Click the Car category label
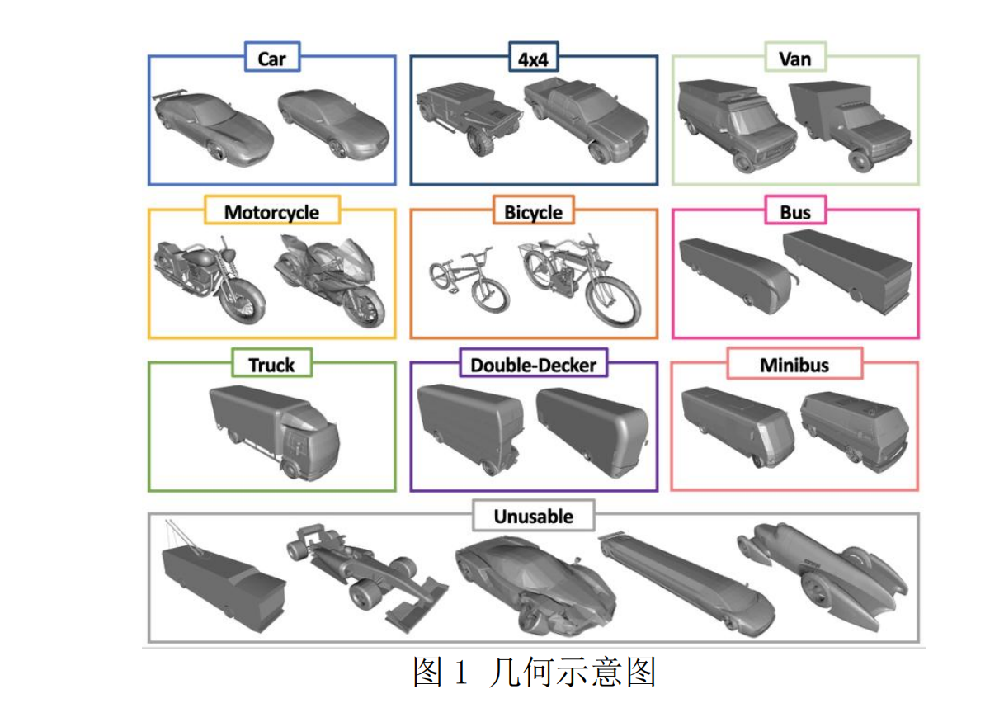point(271,59)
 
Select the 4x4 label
point(533,59)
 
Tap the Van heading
point(794,59)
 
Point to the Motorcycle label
point(271,212)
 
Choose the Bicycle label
point(533,212)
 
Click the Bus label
point(794,212)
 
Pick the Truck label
point(271,364)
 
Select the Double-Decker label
point(533,364)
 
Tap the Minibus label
point(794,364)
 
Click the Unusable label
point(533,517)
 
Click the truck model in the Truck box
point(273,429)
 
